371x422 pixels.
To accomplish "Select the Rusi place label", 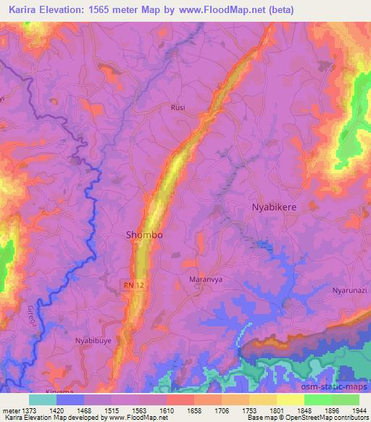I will (x=178, y=107).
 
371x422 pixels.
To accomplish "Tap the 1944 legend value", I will (x=358, y=410).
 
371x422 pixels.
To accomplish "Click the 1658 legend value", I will (x=193, y=410).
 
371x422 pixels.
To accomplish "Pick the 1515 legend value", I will (x=111, y=410).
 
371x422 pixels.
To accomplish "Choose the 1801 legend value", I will (x=275, y=410).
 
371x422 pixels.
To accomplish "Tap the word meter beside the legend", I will (x=11, y=410).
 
